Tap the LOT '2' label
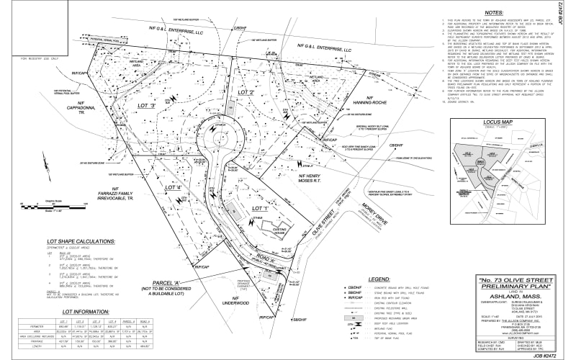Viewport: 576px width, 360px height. click(x=247, y=93)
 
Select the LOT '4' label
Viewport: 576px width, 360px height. click(x=176, y=188)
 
